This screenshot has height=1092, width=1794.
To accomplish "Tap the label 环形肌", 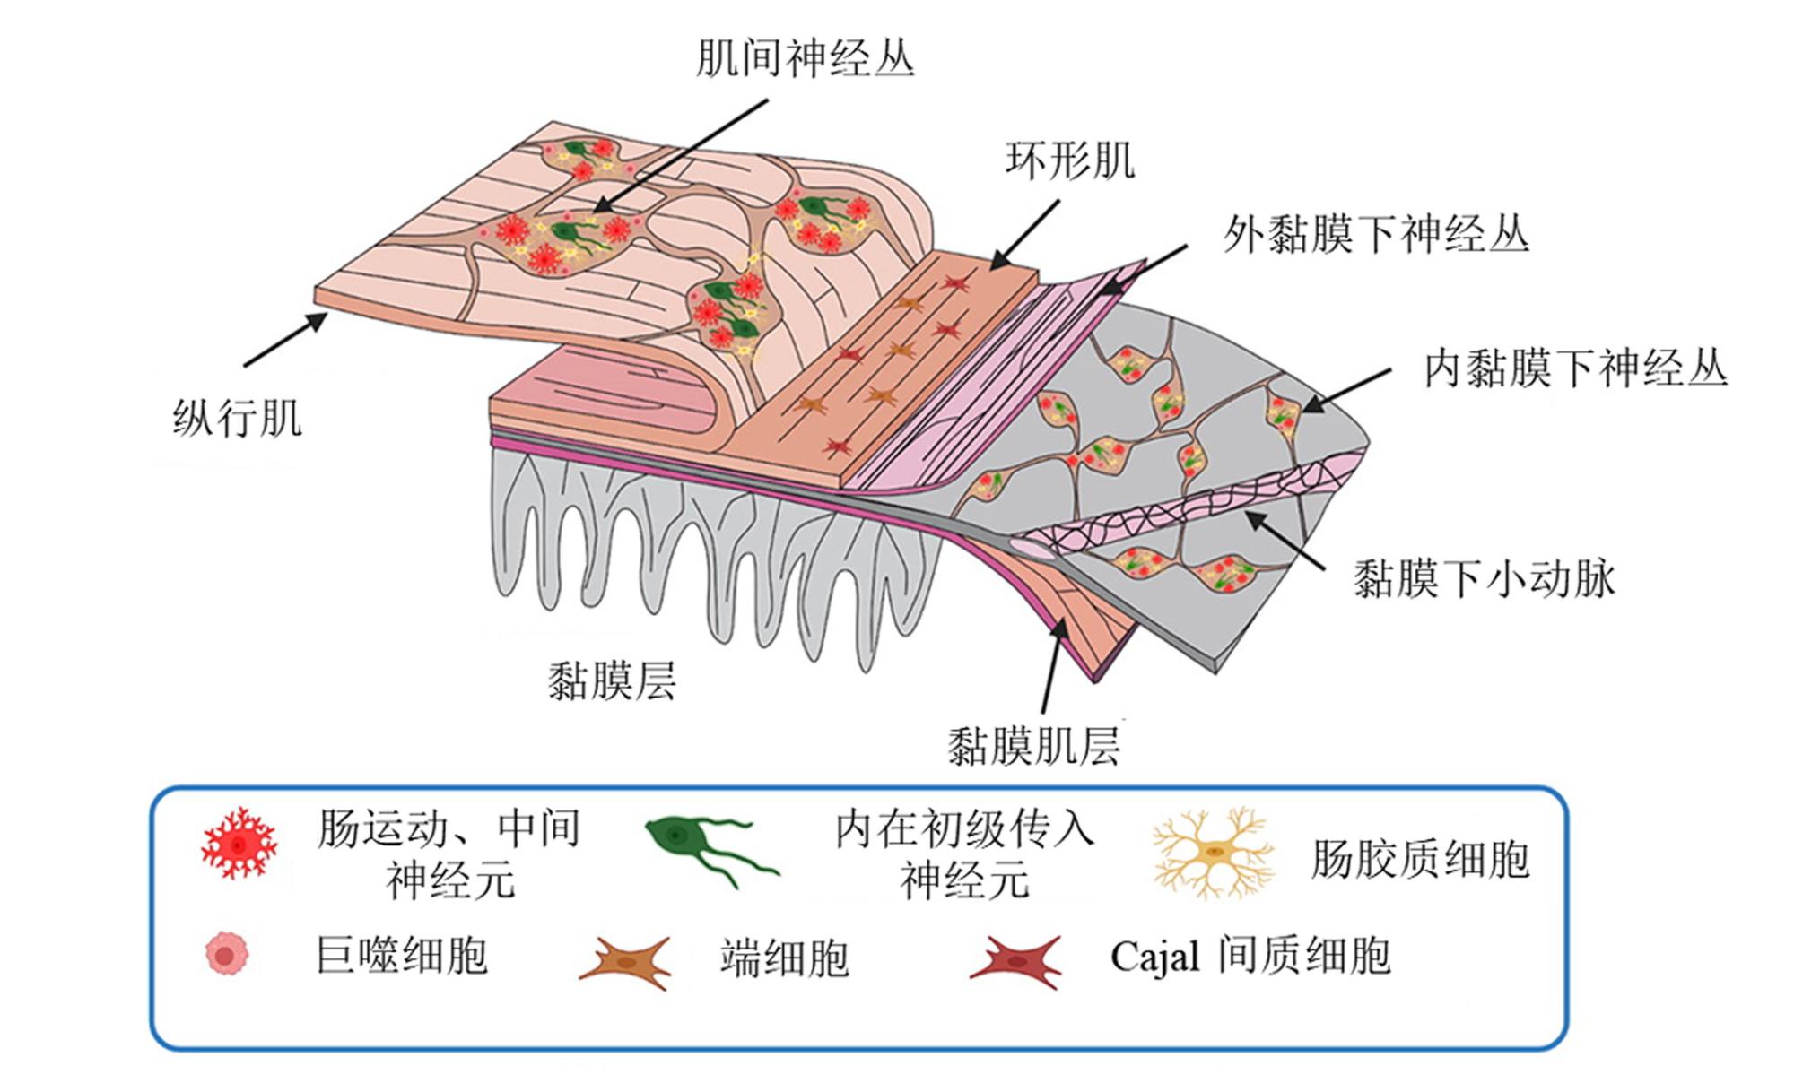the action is pos(1070,160).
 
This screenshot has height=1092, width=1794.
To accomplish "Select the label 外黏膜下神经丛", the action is pos(1376,234).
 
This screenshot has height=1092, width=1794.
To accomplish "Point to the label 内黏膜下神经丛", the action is pos(1576,368).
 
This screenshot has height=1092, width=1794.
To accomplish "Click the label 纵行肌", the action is pos(238,418).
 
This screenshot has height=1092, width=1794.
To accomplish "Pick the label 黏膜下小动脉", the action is pos(1484,578).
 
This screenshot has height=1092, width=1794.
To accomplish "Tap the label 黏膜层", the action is pos(612,680).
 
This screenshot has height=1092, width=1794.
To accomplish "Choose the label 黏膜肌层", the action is pos(1034,746).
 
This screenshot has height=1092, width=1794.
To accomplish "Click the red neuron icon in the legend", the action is pos(239,844).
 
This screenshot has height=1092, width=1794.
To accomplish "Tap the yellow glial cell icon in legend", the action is pos(1213,853).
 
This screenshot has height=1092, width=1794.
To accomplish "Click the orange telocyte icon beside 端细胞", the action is pos(626,963).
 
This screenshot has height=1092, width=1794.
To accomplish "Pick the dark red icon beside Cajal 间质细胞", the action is pos(1016,962).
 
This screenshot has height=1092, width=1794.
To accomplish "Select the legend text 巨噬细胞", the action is pos(402,955).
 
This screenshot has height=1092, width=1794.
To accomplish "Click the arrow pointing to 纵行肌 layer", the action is pos(285,340).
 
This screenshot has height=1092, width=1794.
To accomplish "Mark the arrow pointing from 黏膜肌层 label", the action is pos(1055,666).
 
